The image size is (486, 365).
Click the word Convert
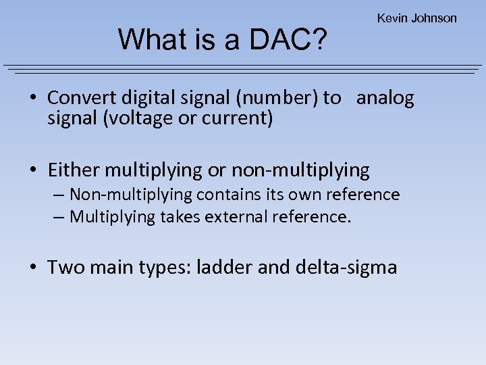pyautogui.click(x=74, y=98)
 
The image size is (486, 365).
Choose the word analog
pyautogui.click(x=385, y=98)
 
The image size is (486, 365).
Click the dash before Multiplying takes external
pyautogui.click(x=59, y=217)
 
